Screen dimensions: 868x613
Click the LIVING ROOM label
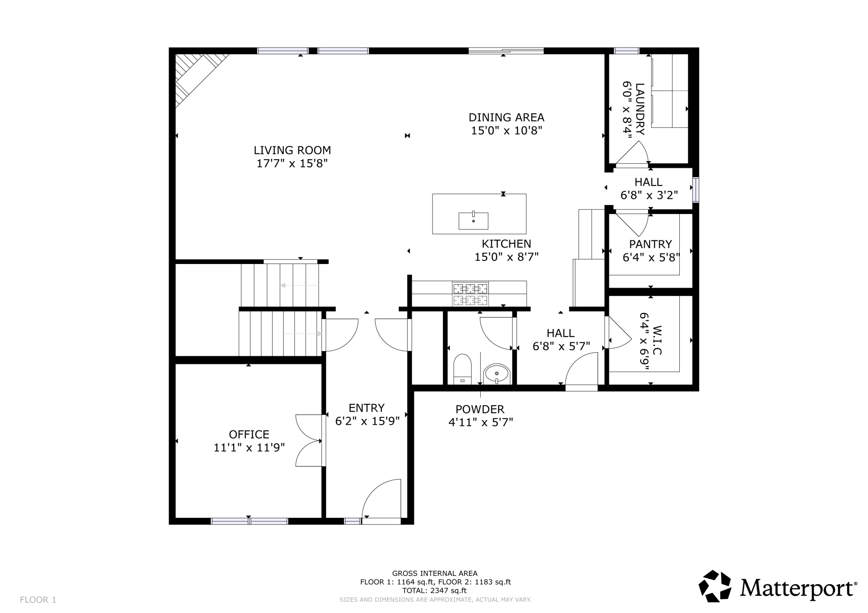[x=292, y=150]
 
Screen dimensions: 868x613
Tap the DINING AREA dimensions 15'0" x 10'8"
[x=507, y=131]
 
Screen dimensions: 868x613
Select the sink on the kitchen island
[x=473, y=221]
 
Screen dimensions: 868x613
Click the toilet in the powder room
[x=462, y=369]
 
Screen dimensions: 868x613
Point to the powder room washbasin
[x=496, y=373]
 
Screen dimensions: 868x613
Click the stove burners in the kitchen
[x=471, y=294]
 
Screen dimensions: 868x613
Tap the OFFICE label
[x=249, y=435]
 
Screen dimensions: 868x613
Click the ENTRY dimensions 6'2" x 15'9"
[x=367, y=421]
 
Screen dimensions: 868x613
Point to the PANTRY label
[x=651, y=244]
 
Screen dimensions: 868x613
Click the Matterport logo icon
[x=715, y=586]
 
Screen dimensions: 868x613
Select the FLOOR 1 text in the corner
[x=38, y=600]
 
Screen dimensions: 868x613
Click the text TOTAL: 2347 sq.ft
[x=434, y=590]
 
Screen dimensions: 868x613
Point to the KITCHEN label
[x=507, y=244]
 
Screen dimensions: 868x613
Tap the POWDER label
[x=480, y=409]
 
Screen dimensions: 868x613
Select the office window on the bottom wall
[x=249, y=521]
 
